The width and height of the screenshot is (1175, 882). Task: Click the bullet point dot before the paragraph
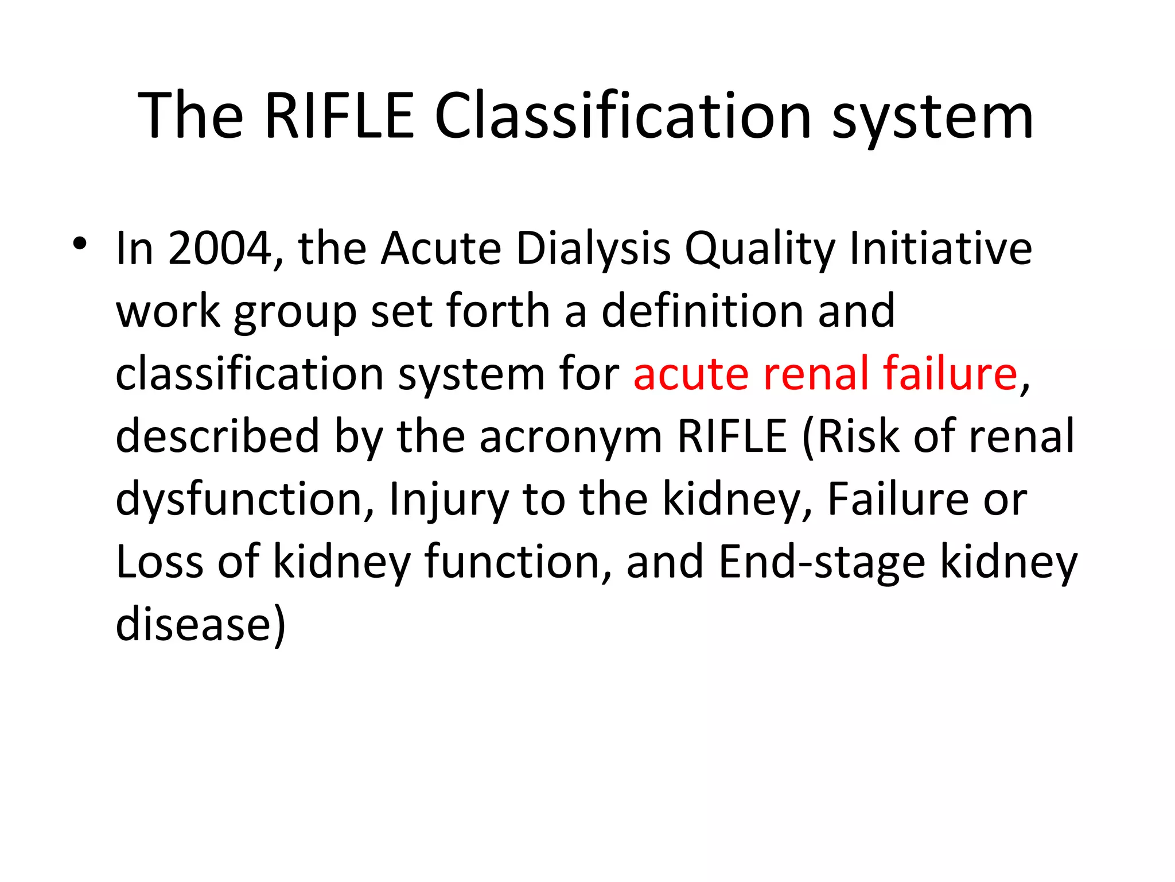click(x=80, y=245)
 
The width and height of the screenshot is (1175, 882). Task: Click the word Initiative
click(x=940, y=249)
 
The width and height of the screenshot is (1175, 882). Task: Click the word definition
click(x=702, y=311)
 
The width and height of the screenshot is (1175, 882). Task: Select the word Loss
click(x=159, y=562)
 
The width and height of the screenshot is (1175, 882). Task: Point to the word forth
click(x=498, y=311)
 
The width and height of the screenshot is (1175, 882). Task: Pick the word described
click(x=217, y=436)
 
